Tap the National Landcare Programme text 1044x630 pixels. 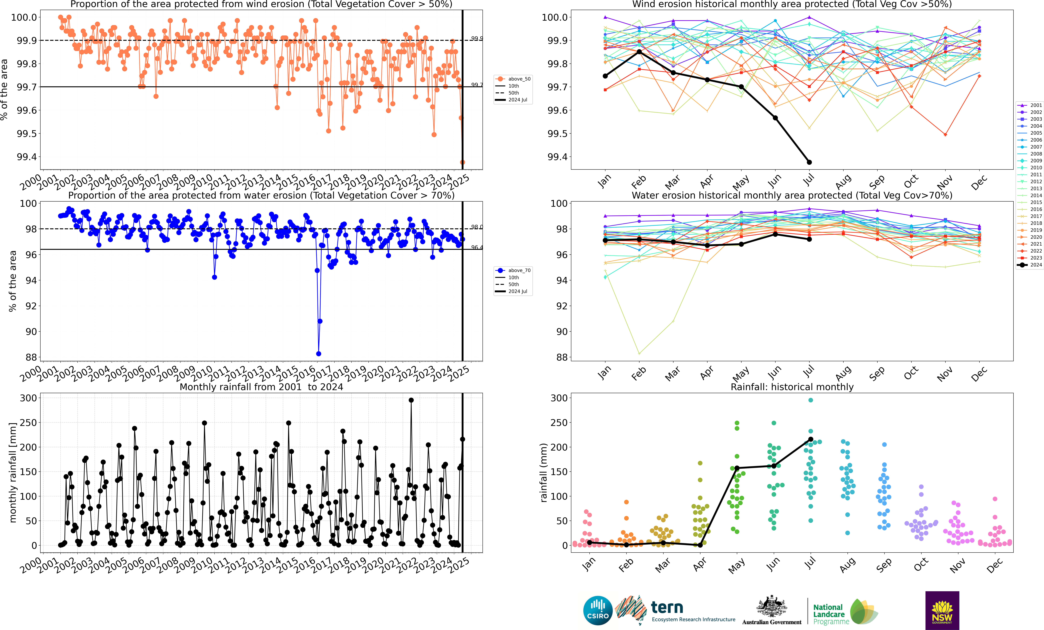pos(830,614)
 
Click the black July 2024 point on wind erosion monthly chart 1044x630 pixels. pos(809,162)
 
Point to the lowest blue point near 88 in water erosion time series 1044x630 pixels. pos(319,354)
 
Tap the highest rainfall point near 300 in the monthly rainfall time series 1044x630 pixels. pos(411,400)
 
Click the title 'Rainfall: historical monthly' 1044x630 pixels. pos(792,387)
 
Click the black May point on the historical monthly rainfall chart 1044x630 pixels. pos(737,468)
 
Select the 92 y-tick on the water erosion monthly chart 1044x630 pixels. pos(561,306)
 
